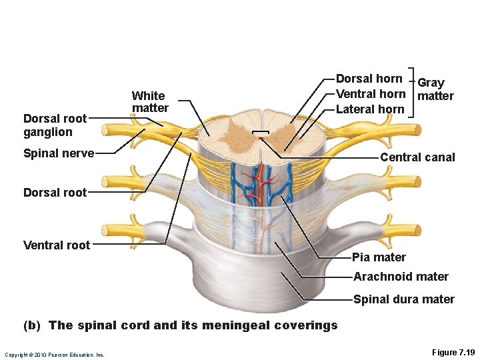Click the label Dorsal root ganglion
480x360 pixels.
[55, 125]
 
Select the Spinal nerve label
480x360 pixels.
[58, 153]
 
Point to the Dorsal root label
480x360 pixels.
[55, 193]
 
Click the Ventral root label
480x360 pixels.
[56, 245]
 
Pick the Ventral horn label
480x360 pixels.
[371, 94]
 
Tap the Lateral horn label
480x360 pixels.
[370, 109]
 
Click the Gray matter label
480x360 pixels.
[434, 89]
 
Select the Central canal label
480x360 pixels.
[417, 157]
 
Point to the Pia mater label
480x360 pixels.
[379, 257]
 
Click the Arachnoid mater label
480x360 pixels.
[401, 277]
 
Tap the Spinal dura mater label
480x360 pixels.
[403, 299]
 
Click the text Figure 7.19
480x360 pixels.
[453, 351]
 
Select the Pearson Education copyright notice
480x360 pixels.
[54, 355]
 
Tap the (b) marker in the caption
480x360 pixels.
[32, 325]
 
